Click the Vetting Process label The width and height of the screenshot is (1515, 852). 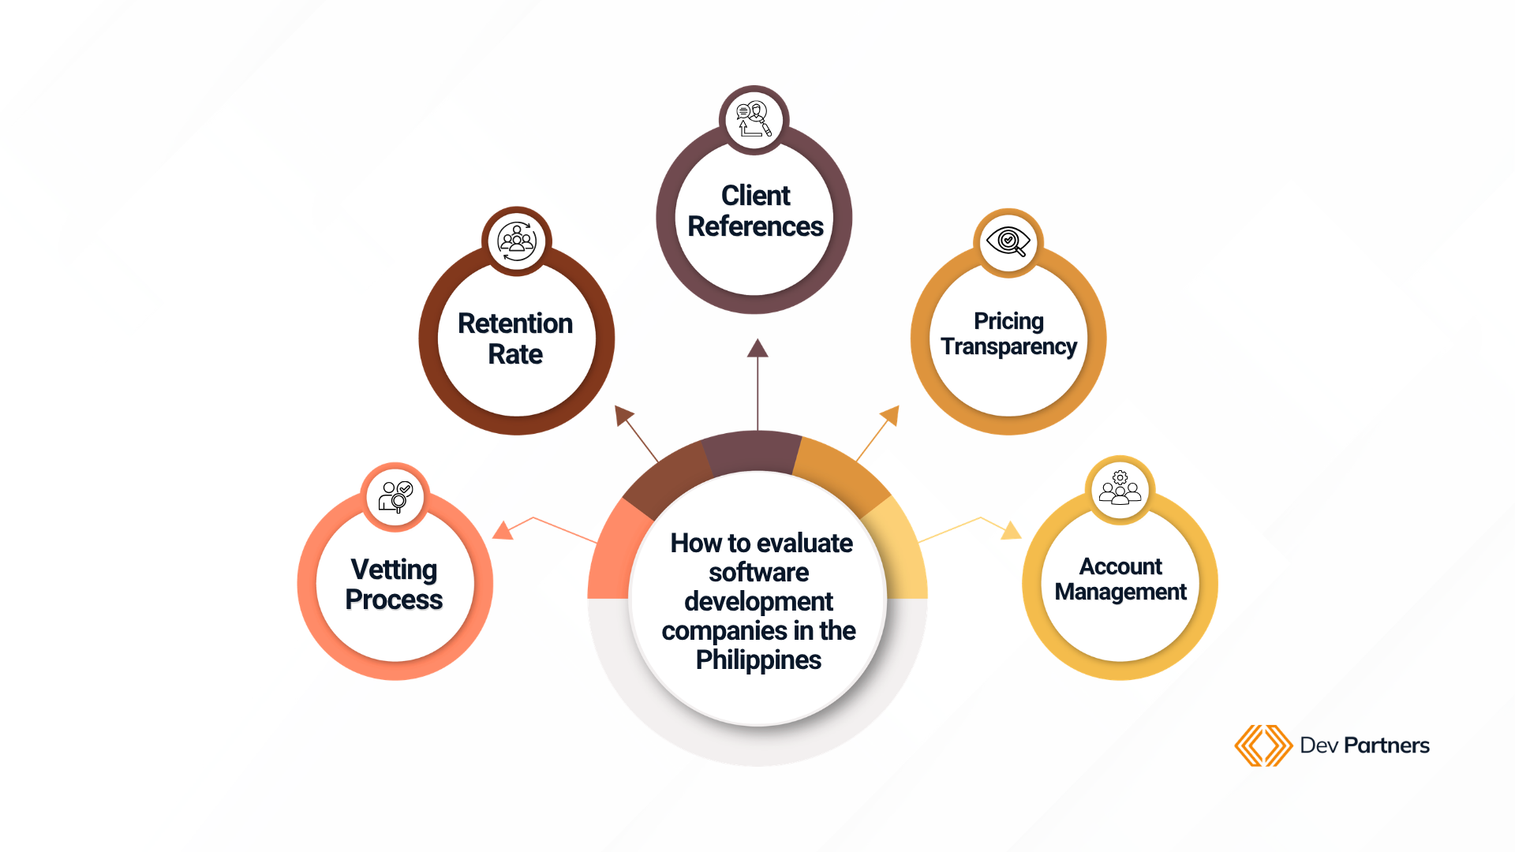point(395,585)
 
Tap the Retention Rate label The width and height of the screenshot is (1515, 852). point(515,338)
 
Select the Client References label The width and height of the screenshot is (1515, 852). point(755,211)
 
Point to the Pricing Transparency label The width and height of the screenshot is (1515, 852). point(1008,334)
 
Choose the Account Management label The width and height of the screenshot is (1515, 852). point(1120,579)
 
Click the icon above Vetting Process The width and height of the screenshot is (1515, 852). point(396,497)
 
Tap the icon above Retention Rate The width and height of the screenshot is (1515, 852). point(517,241)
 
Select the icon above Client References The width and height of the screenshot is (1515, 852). point(754,119)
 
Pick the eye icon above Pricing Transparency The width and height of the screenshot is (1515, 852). point(1008,241)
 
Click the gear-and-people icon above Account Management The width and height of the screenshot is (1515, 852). point(1120,488)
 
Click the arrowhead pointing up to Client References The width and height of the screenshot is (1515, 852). point(757,348)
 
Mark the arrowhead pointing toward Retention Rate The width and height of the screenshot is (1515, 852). point(623,414)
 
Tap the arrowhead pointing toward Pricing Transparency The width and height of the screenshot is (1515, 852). point(891,414)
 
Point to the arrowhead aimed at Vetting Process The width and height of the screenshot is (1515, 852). point(503,530)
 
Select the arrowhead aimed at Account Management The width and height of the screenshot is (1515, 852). point(1011,530)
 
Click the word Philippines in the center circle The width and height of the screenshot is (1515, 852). point(758,660)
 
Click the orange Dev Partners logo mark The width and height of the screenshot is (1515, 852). point(1262,745)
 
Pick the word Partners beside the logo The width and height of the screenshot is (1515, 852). point(1386,745)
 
